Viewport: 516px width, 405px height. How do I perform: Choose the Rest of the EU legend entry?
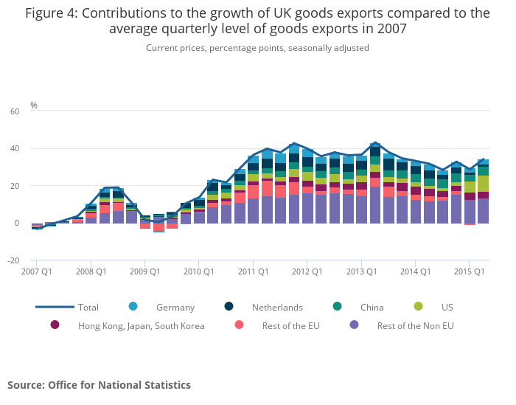coord(286,325)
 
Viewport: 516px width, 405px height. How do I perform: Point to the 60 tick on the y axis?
coord(15,111)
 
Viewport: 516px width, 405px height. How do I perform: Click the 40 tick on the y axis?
coord(15,149)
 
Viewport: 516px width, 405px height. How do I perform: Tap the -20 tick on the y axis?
coord(13,260)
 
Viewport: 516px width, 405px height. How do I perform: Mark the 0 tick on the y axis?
coord(16,223)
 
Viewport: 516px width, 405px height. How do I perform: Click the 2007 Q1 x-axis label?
coord(37,271)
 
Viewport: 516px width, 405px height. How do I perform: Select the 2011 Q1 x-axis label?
coord(254,271)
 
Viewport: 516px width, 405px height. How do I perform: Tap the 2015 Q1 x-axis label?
coord(470,271)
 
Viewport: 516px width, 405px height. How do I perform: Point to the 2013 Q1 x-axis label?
coord(361,271)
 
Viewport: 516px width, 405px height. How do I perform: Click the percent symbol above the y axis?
coord(34,105)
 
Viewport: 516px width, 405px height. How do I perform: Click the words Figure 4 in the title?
coord(52,13)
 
